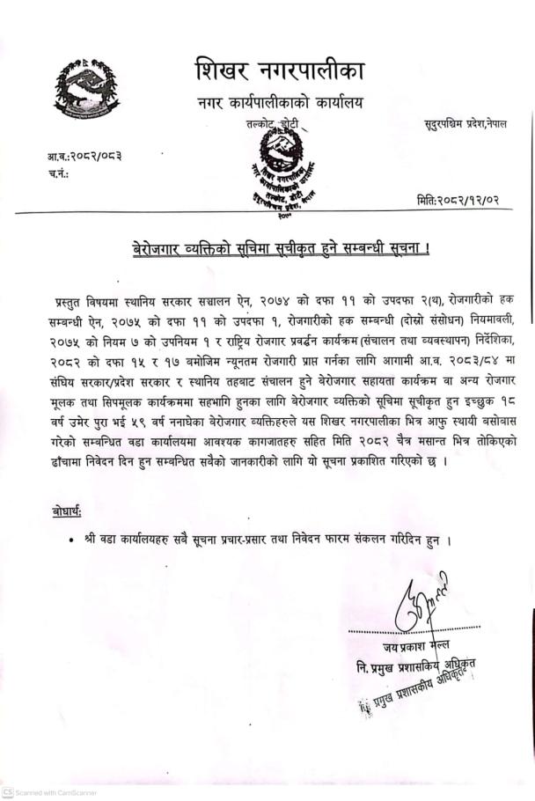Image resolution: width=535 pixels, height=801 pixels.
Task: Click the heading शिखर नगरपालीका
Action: point(279,69)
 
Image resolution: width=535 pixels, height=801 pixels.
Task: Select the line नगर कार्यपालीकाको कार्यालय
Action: point(279,104)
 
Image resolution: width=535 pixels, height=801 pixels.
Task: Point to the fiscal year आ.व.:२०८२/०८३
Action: point(84,156)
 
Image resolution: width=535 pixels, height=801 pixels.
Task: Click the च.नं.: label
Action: point(60,173)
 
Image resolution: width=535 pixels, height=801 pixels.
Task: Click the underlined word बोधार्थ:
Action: point(68,511)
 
